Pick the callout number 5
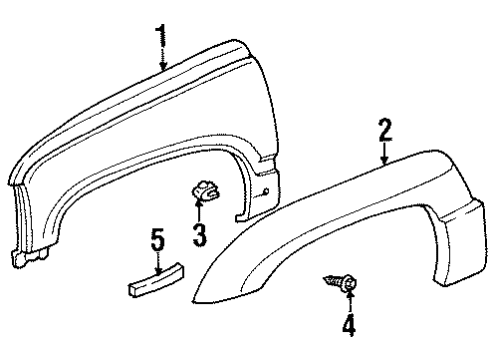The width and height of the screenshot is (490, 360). [x=156, y=240]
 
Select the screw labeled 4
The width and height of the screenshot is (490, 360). [x=340, y=284]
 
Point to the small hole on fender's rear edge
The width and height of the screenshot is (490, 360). [x=266, y=188]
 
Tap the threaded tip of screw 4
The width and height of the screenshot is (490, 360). [x=327, y=280]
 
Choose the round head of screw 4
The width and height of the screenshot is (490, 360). [x=348, y=287]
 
